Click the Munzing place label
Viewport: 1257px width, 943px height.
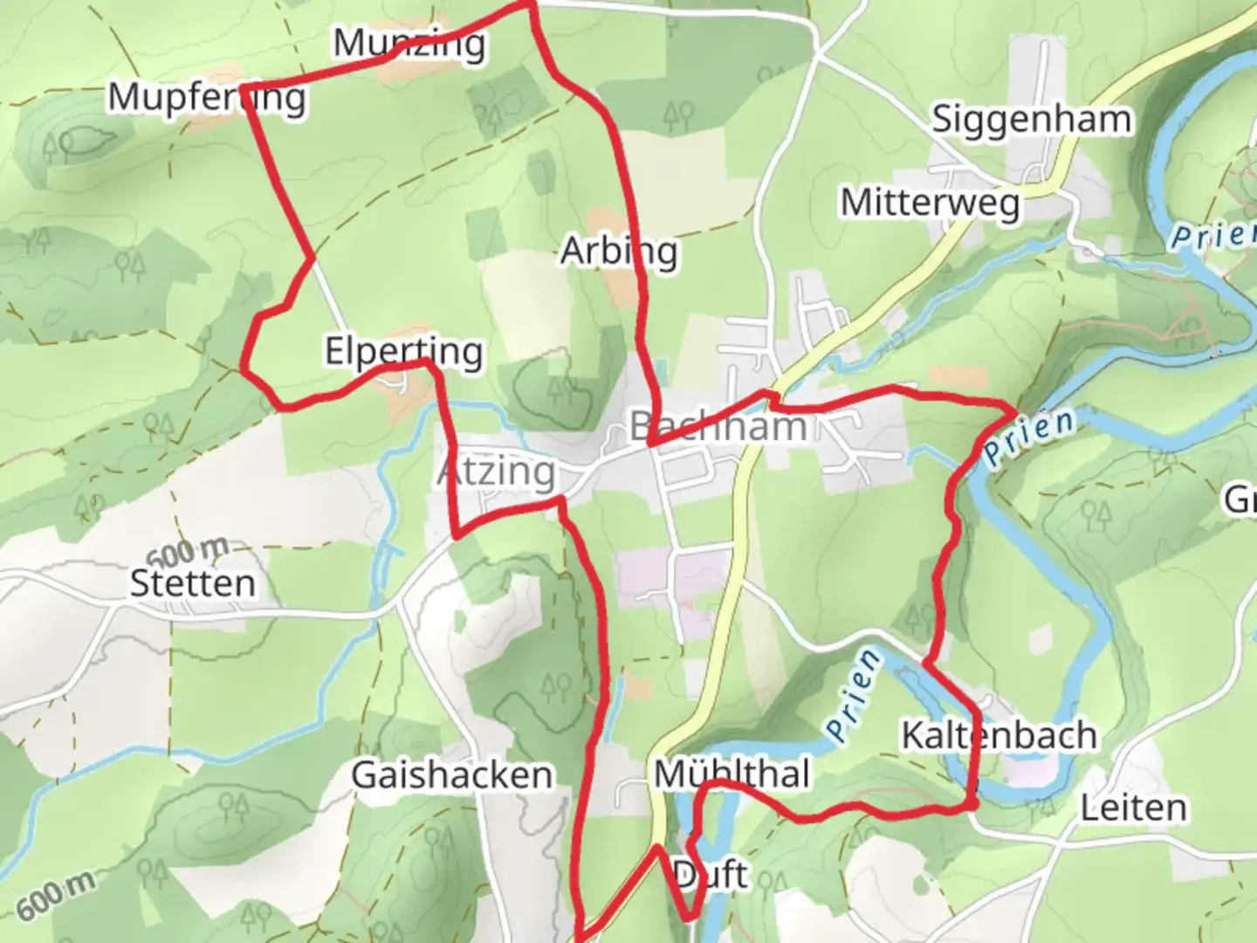[409, 43]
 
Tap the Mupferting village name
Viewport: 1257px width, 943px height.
[207, 97]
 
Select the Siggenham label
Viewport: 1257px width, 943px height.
[1031, 119]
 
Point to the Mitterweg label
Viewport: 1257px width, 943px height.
[930, 203]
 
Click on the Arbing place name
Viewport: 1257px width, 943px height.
[618, 251]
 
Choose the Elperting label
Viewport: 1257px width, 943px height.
[403, 352]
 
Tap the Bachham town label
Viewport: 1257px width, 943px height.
[718, 427]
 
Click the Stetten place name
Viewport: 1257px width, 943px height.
[193, 583]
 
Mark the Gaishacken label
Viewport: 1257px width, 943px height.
[451, 775]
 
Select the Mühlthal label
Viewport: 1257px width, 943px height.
[732, 774]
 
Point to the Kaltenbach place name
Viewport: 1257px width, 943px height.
[999, 735]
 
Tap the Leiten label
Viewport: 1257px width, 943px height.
[1133, 809]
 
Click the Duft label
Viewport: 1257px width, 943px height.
[711, 874]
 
